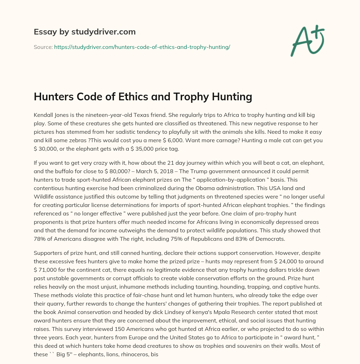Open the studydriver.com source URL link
click(x=142, y=47)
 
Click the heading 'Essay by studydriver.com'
click(x=85, y=32)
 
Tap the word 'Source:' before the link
click(x=43, y=47)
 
